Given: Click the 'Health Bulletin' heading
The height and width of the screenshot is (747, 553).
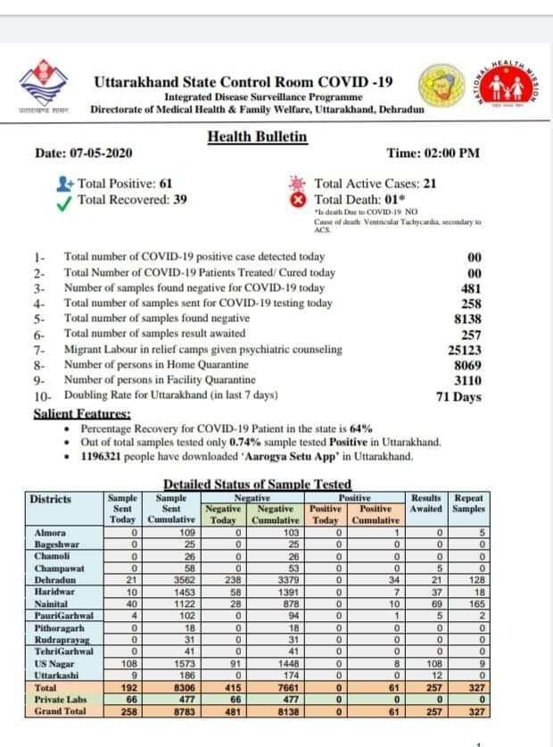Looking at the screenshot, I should click(257, 137).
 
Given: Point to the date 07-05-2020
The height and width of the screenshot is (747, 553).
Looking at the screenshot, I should click(97, 154).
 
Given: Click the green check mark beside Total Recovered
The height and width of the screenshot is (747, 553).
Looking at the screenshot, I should click(63, 201).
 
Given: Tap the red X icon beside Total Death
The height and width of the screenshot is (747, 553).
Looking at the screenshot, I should click(299, 200).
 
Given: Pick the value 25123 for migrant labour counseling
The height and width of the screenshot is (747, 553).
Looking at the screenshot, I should click(464, 351).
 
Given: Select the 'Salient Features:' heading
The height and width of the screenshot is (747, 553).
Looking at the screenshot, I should click(82, 414).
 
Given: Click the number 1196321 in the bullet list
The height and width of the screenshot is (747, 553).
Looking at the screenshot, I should click(104, 456).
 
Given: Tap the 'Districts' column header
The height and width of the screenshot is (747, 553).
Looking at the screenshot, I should click(50, 499).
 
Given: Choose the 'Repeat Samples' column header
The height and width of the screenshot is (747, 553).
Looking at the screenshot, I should click(468, 503).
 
